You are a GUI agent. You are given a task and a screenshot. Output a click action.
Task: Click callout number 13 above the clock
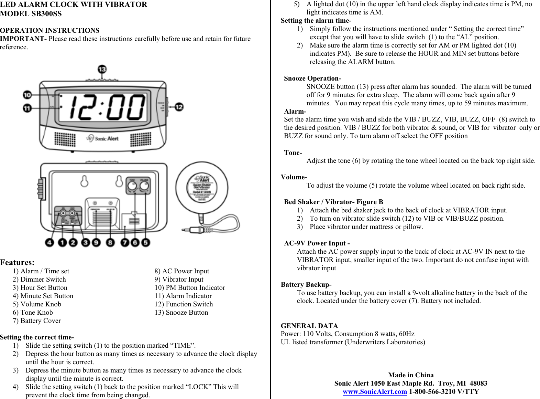click(x=102, y=70)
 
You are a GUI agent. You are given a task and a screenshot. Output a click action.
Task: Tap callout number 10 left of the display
click(x=27, y=95)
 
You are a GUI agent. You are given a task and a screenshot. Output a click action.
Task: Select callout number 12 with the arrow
click(x=179, y=107)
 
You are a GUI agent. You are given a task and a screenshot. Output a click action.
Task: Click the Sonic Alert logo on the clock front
click(x=102, y=138)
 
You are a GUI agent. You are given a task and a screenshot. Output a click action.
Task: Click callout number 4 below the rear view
click(x=49, y=242)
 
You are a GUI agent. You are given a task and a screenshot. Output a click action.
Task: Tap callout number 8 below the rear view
click(x=110, y=242)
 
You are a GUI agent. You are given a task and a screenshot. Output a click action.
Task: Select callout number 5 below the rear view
click(x=146, y=242)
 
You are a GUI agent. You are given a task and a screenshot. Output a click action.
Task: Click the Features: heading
click(x=17, y=262)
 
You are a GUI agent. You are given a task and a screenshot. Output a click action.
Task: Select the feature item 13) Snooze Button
click(x=181, y=312)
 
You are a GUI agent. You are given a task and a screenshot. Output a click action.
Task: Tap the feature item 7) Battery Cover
click(x=37, y=321)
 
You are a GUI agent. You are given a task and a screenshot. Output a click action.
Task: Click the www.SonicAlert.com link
click(x=375, y=391)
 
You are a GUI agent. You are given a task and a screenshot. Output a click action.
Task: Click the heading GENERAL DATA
click(x=309, y=326)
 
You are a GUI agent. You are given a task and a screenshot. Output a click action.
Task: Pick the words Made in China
click(x=411, y=375)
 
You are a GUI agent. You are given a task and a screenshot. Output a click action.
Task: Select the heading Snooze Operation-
click(x=312, y=78)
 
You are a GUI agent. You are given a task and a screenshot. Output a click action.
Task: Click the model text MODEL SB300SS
click(x=31, y=14)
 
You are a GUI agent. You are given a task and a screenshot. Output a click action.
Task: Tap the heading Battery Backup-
click(x=306, y=284)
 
